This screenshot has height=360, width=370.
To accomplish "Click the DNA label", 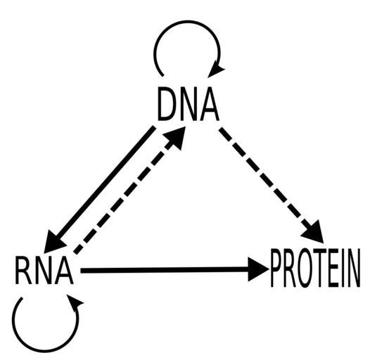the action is pyautogui.click(x=188, y=104).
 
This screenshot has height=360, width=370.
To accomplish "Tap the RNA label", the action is pyautogui.click(x=44, y=271).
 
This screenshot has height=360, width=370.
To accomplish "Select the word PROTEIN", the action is pyautogui.click(x=316, y=268).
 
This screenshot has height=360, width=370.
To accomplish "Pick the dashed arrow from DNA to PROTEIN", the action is pyautogui.click(x=272, y=186).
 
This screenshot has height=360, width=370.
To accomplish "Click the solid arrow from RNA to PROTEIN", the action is pyautogui.click(x=174, y=269).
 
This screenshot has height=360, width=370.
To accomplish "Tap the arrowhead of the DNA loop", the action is pyautogui.click(x=216, y=70).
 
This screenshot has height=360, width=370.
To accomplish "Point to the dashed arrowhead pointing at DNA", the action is pyautogui.click(x=177, y=137).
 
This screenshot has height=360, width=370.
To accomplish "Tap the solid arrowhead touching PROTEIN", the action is pyautogui.click(x=257, y=269).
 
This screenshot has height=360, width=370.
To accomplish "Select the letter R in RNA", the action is pyautogui.click(x=23, y=271).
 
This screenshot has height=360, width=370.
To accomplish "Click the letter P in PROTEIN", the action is pyautogui.click(x=276, y=268).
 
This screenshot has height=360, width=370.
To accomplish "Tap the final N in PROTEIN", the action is pyautogui.click(x=354, y=268).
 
